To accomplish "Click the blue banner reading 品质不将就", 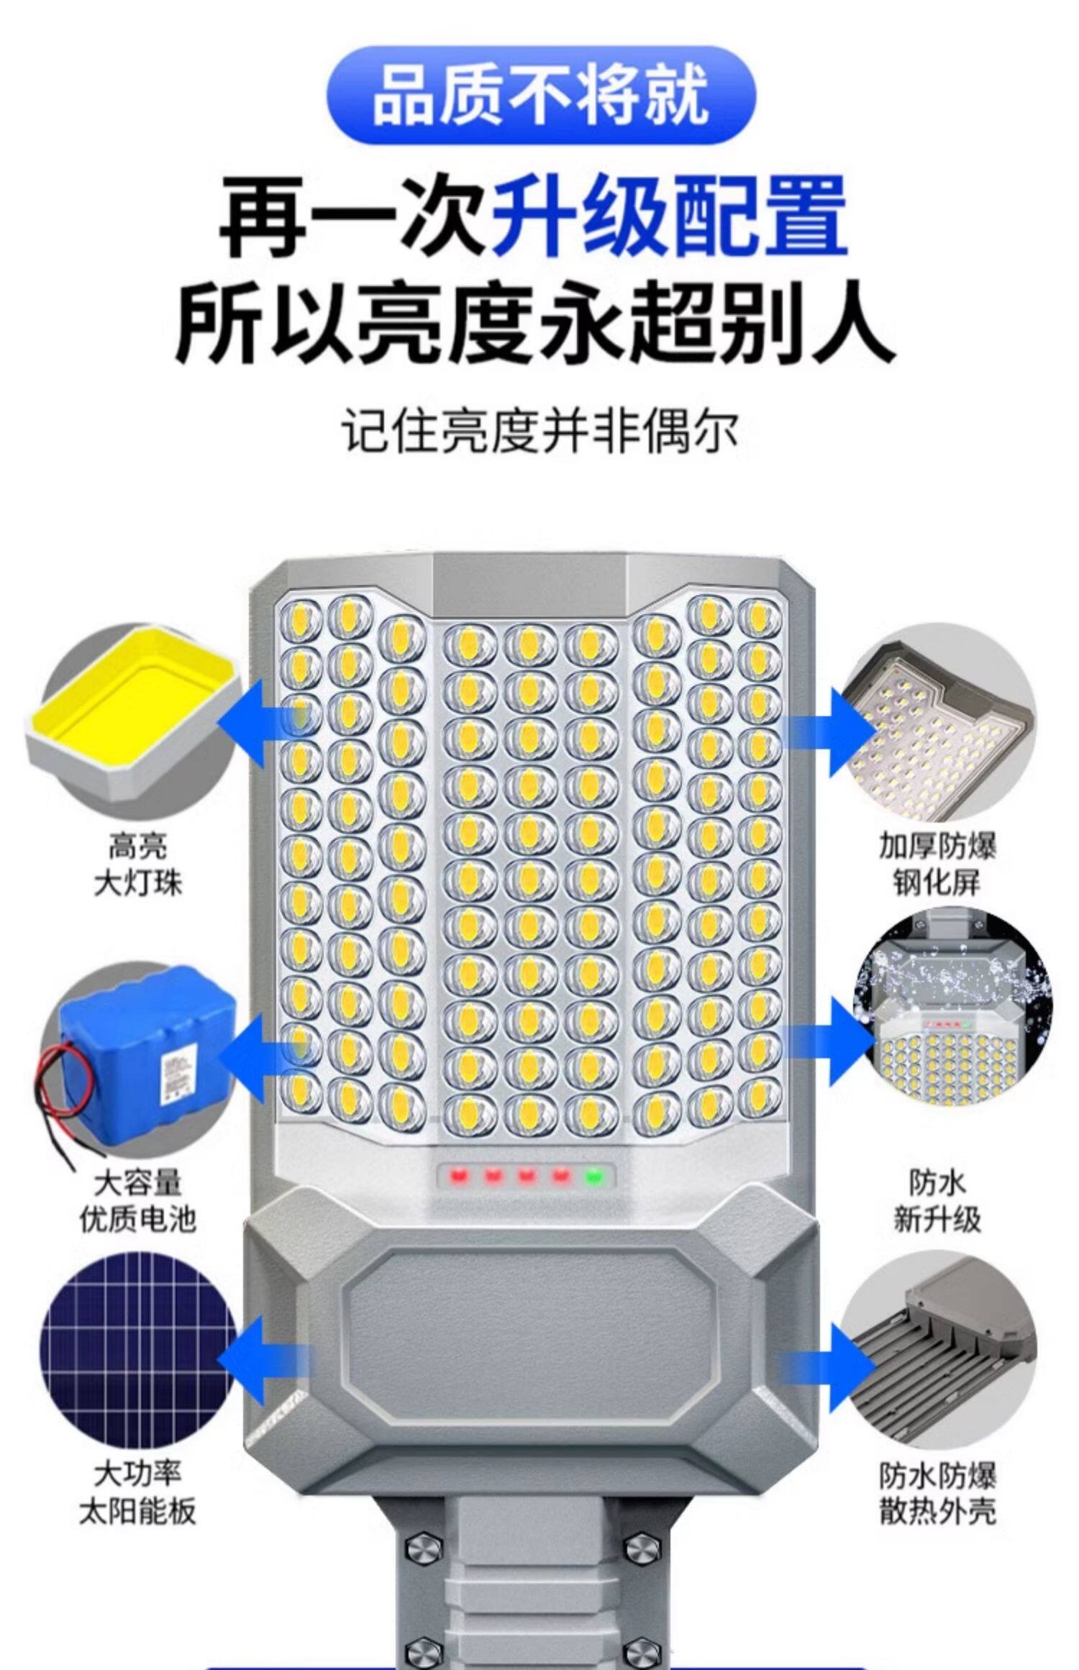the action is tap(541, 96).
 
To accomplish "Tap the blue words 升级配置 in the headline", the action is tap(669, 217).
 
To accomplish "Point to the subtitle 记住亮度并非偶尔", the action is tap(539, 432).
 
